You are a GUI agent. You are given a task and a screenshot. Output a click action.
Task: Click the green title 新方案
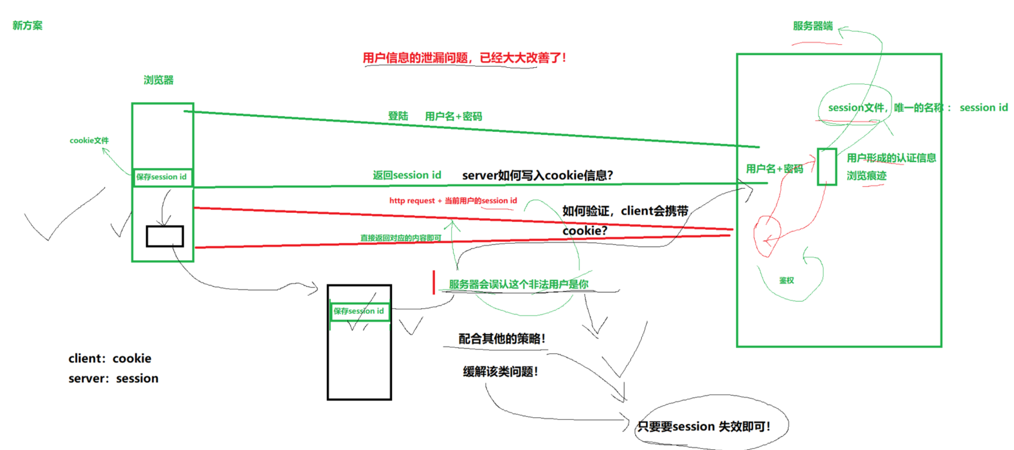pyautogui.click(x=27, y=26)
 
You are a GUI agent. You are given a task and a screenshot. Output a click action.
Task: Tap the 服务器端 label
pyautogui.click(x=812, y=26)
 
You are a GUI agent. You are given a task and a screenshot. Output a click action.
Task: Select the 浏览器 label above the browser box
pyautogui.click(x=158, y=80)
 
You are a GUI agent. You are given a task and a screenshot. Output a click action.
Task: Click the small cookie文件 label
pyautogui.click(x=89, y=140)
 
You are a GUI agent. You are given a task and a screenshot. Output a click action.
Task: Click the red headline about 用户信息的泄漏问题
pyautogui.click(x=464, y=58)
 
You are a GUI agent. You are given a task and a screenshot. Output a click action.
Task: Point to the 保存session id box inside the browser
pyautogui.click(x=162, y=177)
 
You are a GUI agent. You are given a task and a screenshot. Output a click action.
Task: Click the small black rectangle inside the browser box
pyautogui.click(x=165, y=236)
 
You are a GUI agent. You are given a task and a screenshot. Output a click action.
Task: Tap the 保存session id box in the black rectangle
pyautogui.click(x=359, y=311)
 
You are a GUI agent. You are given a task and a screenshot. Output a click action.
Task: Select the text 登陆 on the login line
pyautogui.click(x=398, y=116)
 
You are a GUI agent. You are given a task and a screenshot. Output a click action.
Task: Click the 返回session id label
pyautogui.click(x=407, y=175)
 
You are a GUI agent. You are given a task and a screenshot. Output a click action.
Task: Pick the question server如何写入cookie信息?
pyautogui.click(x=537, y=176)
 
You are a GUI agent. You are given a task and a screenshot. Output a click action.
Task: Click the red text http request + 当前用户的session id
pyautogui.click(x=453, y=201)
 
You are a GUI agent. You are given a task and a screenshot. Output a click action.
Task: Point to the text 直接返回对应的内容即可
pyautogui.click(x=401, y=238)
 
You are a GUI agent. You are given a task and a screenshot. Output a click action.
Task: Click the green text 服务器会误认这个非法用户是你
pyautogui.click(x=518, y=284)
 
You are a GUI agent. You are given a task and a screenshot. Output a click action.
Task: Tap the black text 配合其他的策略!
pyautogui.click(x=502, y=339)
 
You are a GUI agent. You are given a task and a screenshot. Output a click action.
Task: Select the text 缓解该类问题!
pyautogui.click(x=500, y=372)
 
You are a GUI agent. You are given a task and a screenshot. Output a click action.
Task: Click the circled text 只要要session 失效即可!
pyautogui.click(x=703, y=427)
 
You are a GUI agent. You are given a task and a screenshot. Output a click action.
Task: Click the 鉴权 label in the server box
pyautogui.click(x=786, y=280)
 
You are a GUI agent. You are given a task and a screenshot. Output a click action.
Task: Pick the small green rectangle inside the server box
pyautogui.click(x=827, y=167)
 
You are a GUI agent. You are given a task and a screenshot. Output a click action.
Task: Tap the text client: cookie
pyautogui.click(x=109, y=359)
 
